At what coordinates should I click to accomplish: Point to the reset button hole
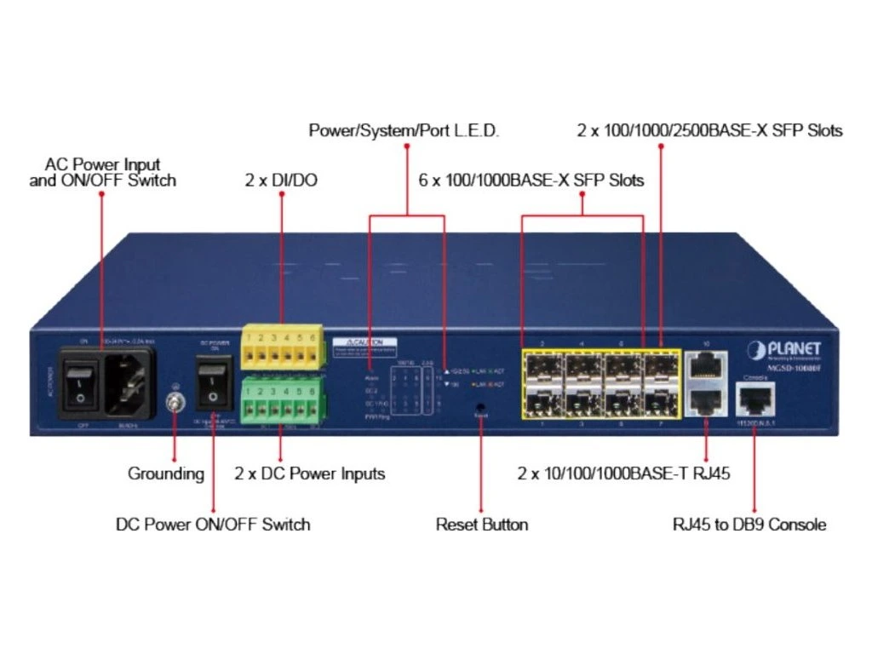click(x=481, y=407)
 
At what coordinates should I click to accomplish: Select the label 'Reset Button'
click(x=482, y=525)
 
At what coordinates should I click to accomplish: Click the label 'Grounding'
click(x=166, y=473)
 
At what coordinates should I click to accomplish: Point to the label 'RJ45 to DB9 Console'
click(x=749, y=525)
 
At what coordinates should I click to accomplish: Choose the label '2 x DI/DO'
click(x=281, y=181)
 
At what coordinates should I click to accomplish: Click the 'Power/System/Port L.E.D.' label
click(x=404, y=131)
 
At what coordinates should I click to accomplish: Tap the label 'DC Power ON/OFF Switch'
click(x=213, y=525)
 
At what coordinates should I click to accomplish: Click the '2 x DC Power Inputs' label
click(x=310, y=473)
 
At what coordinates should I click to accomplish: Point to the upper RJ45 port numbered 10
click(x=704, y=366)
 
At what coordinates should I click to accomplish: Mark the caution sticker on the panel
click(x=365, y=342)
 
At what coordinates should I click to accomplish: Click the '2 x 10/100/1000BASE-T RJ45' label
click(x=623, y=473)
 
